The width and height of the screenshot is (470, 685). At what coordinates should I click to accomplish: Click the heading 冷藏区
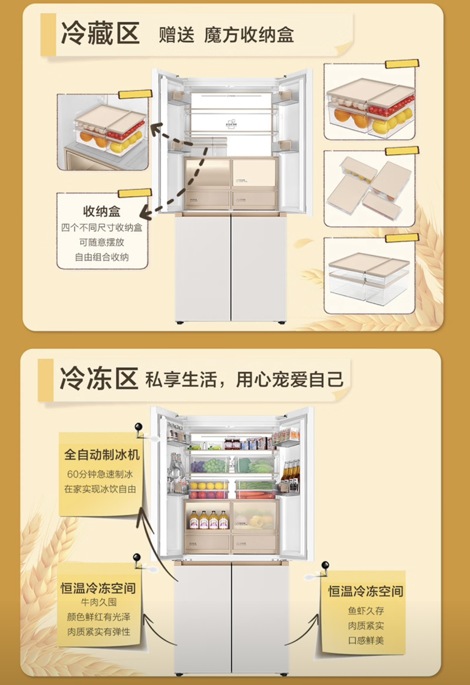100,33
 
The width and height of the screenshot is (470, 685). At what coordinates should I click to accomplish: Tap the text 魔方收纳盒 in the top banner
249,35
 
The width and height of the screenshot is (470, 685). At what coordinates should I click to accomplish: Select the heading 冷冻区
99,378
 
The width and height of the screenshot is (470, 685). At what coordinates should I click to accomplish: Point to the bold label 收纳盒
102,211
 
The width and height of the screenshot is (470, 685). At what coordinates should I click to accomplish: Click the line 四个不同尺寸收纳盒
102,228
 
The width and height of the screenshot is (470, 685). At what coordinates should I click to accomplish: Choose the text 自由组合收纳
102,257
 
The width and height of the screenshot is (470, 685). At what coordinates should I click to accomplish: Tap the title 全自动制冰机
102,454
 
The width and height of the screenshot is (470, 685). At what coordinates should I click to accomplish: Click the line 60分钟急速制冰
100,474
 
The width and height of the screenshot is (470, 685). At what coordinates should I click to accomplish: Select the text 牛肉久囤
99,602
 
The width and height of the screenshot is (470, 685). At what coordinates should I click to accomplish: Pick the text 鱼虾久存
366,611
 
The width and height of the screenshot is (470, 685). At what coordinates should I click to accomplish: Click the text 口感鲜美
366,640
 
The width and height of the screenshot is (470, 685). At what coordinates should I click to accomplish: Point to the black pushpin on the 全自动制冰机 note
139,427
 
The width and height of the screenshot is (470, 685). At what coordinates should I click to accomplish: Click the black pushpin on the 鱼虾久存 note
325,566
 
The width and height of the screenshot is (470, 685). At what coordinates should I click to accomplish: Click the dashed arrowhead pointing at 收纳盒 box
145,214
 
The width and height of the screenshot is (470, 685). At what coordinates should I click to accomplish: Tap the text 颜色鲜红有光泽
99,617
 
